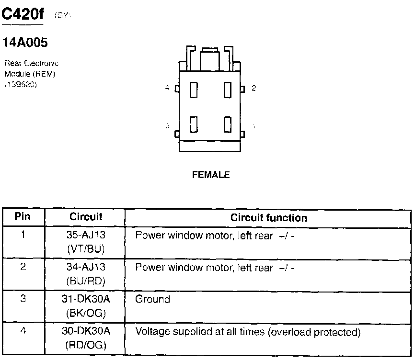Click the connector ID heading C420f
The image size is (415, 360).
pos(23,15)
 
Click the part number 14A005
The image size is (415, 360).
pos(25,43)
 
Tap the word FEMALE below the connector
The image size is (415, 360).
pos(211,175)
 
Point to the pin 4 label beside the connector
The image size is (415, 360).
pos(167,88)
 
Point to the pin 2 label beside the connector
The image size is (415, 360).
pos(254,88)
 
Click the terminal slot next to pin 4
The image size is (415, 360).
pos(194,90)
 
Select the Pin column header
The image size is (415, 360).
pos(23,216)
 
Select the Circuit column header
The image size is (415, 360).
pos(86,216)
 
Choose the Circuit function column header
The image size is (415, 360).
pos(269,218)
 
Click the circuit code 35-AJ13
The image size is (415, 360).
pos(86,236)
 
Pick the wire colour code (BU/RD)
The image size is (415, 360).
pos(86,280)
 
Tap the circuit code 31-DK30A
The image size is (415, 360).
pos(86,299)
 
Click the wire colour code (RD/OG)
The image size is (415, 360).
pos(86,345)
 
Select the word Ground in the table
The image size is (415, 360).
pos(152,299)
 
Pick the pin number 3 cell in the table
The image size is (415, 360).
pos(23,299)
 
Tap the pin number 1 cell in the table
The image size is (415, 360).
pos(23,235)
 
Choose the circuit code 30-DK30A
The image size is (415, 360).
pos(86,331)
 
